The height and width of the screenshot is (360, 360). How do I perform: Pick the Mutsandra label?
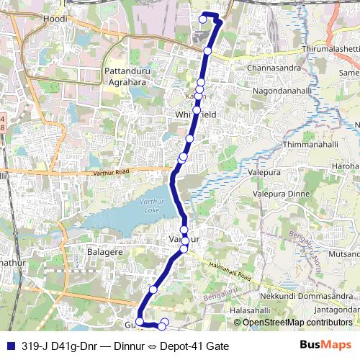[344, 254]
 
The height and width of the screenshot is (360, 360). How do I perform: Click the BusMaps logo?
[326, 346]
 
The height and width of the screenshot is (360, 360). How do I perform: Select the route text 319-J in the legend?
[35, 346]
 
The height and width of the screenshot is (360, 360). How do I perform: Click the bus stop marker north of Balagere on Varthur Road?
[184, 230]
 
